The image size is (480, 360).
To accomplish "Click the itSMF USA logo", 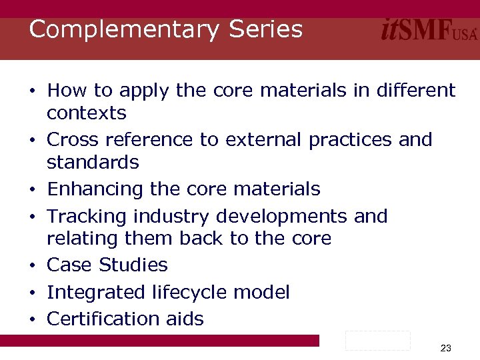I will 429,30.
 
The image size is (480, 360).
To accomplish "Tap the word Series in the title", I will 266,30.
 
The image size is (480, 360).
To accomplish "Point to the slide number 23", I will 446,348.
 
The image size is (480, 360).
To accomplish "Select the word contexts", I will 87,113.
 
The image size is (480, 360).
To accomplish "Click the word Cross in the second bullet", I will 73,140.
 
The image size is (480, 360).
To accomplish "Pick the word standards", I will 93,163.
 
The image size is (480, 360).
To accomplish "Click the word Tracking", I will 87,217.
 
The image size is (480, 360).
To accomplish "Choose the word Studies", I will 133,265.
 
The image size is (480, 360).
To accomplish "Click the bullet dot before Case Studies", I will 32,266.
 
